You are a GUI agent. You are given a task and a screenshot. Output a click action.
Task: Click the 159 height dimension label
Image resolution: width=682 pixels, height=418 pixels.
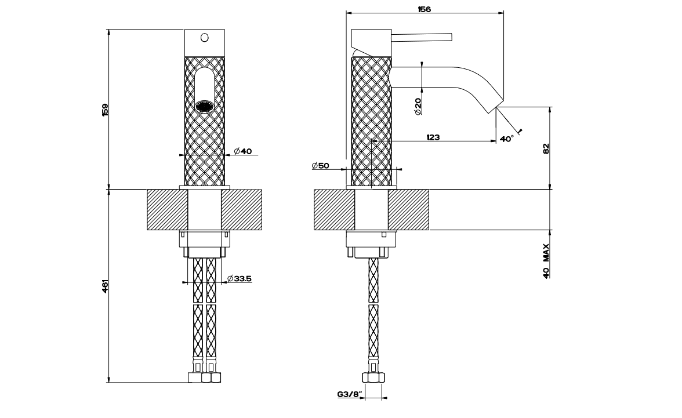click(x=105, y=110)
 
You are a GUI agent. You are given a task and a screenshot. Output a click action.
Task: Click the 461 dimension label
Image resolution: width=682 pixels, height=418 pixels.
click(x=105, y=286)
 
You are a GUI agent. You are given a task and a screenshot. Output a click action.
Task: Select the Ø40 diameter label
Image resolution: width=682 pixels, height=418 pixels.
click(x=242, y=151)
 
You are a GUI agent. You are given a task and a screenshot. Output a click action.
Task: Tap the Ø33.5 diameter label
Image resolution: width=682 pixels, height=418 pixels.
click(x=240, y=278)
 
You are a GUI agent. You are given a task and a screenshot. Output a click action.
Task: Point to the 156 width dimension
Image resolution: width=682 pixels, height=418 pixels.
click(x=424, y=9)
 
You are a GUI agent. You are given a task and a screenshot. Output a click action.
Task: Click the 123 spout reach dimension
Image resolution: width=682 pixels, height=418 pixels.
click(x=433, y=137)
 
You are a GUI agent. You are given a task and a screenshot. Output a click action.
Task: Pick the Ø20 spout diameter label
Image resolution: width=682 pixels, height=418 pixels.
click(x=418, y=107)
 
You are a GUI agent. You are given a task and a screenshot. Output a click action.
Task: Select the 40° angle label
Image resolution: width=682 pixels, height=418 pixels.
click(x=507, y=139)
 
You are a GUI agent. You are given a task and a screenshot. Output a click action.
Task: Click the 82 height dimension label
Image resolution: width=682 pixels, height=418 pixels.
click(x=546, y=148)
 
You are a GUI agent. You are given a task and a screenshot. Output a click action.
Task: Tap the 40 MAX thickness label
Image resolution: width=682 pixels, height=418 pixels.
click(x=546, y=261)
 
